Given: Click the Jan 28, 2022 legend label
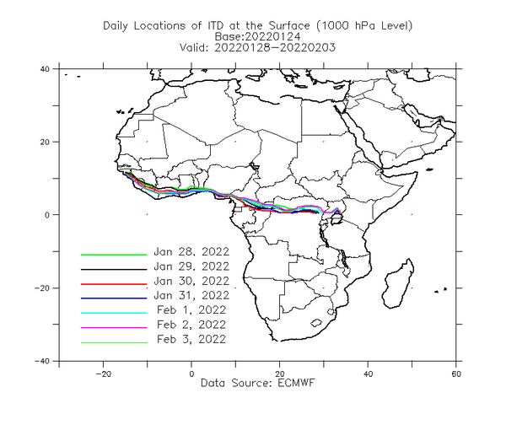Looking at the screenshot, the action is tap(191, 251).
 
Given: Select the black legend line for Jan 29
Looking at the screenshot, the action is tap(114, 269).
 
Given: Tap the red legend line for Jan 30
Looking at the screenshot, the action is tap(114, 284).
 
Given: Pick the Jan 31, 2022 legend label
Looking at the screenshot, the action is tap(191, 295).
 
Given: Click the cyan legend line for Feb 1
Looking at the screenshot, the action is tap(114, 313).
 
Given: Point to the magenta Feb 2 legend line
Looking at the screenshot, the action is tap(114, 327).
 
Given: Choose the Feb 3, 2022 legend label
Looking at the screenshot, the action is tap(191, 339).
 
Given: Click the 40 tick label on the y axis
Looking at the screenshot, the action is tap(45, 68).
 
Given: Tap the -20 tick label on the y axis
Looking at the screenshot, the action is tap(42, 288).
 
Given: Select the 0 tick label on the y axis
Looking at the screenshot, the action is tap(47, 215).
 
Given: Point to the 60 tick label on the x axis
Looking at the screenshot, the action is tap(456, 374).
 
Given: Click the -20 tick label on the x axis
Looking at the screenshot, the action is tap(103, 374).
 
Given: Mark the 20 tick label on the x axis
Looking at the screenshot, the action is tap(280, 374).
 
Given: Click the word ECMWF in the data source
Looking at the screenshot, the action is tap(296, 383).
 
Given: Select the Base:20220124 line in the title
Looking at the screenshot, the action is tap(257, 36).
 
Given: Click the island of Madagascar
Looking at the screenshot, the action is tap(397, 284).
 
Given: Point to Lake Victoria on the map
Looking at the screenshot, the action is tap(336, 219).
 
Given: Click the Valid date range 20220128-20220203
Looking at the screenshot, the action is tap(275, 48).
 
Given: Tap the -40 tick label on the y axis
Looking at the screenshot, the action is tap(42, 361).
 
